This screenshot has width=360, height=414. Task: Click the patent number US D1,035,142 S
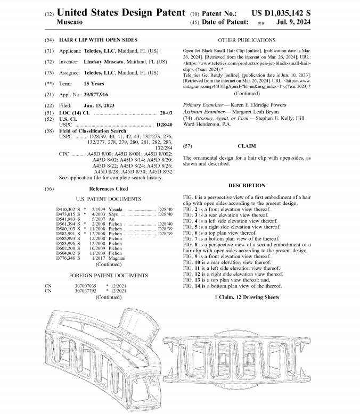pyautogui.click(x=296, y=11)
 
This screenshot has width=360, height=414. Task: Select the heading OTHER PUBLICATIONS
pyautogui.click(x=247, y=40)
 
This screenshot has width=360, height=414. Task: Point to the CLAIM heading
pyautogui.click(x=247, y=145)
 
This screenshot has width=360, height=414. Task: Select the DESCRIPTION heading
pyautogui.click(x=247, y=185)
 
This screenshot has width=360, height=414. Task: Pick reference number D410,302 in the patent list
pyautogui.click(x=66, y=209)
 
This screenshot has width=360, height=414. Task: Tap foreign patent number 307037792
pyautogui.click(x=85, y=291)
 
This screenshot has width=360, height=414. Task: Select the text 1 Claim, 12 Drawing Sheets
pyautogui.click(x=247, y=296)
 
